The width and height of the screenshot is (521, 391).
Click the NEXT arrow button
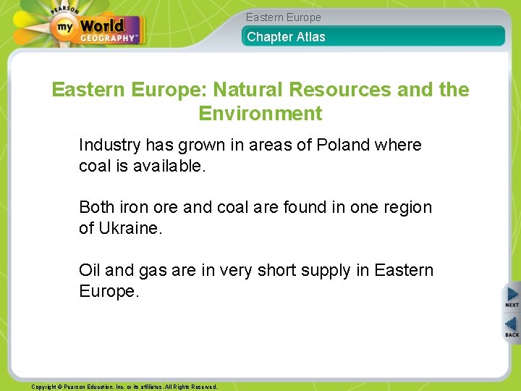512,297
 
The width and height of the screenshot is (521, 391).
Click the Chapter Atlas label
287,37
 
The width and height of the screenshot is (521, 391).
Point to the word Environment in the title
260,114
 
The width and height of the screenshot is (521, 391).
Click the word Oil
90,270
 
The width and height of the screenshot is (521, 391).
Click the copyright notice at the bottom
124,387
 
